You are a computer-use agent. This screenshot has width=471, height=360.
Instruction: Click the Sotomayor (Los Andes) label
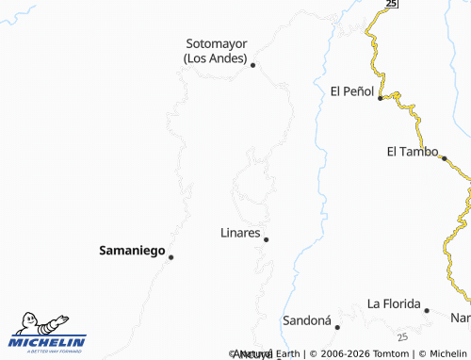pyautogui.click(x=216, y=50)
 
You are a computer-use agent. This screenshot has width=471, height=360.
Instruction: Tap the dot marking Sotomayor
pyautogui.click(x=252, y=65)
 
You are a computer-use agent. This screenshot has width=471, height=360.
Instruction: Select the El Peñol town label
pyautogui.click(x=352, y=91)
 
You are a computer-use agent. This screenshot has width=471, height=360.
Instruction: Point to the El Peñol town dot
pyautogui.click(x=381, y=97)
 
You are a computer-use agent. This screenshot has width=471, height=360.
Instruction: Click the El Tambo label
pyautogui.click(x=413, y=151)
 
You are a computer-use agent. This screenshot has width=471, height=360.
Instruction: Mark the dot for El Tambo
pyautogui.click(x=444, y=158)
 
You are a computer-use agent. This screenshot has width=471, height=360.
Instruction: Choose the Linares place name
pyautogui.click(x=239, y=232)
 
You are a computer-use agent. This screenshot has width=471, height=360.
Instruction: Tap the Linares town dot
pyautogui.click(x=266, y=239)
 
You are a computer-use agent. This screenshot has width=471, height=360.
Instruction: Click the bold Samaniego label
pyautogui.click(x=131, y=251)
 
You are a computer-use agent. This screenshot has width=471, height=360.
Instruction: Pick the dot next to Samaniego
pyautogui.click(x=171, y=256)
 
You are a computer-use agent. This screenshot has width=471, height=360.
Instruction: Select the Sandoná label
pyautogui.click(x=307, y=320)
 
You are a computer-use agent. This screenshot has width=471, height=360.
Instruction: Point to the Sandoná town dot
pyautogui.click(x=337, y=326)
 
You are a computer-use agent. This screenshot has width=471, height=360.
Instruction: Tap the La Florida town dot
pyautogui.click(x=426, y=310)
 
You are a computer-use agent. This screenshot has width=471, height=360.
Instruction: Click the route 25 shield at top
pyautogui.click(x=392, y=4)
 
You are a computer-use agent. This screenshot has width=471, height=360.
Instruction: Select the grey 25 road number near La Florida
pyautogui.click(x=402, y=336)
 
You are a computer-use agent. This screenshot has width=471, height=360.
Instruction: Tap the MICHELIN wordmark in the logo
pyautogui.click(x=48, y=342)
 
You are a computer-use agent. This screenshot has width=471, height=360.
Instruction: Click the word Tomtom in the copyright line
pyautogui.click(x=388, y=353)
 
